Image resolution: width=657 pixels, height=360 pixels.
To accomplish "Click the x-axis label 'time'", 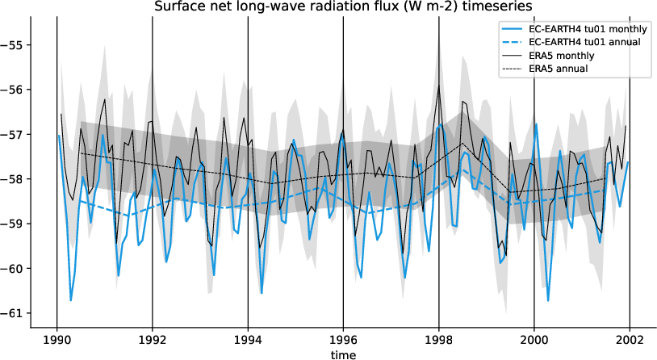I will pos(343,354).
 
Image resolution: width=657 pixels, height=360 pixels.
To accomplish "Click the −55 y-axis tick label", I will pos(15,44).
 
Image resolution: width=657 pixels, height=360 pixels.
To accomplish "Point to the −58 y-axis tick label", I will pos(15,178).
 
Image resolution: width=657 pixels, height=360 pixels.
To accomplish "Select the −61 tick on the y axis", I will pos(15,312).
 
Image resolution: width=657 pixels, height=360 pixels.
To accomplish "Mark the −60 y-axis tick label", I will pos(15,268).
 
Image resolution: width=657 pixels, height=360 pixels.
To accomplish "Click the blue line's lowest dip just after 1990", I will pos(71,300).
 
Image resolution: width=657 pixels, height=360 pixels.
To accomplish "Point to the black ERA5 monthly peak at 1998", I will pos(438,87).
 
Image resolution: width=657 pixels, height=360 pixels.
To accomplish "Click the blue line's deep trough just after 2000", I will pos(548,300).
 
